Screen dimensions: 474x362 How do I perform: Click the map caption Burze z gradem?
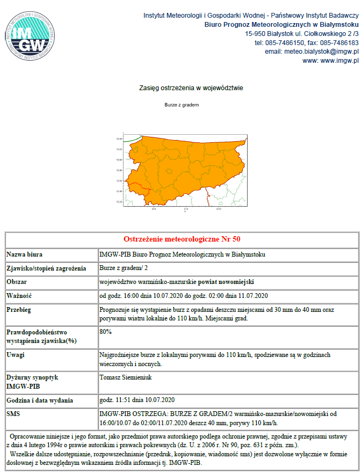click(x=182, y=105)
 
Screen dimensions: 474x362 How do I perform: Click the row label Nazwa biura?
click(x=25, y=254)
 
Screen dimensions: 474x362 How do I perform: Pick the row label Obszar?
click(x=17, y=281)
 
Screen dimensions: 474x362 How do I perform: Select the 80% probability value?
click(x=106, y=332)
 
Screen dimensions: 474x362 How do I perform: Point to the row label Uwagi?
click(x=17, y=355)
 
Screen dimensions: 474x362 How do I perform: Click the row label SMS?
click(x=14, y=414)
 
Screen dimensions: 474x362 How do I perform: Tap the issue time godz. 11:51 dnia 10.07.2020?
click(x=137, y=400)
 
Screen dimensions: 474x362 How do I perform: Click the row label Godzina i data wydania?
click(x=41, y=400)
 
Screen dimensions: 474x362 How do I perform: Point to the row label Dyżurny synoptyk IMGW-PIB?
click(x=32, y=382)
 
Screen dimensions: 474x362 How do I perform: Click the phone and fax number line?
click(x=306, y=42)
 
